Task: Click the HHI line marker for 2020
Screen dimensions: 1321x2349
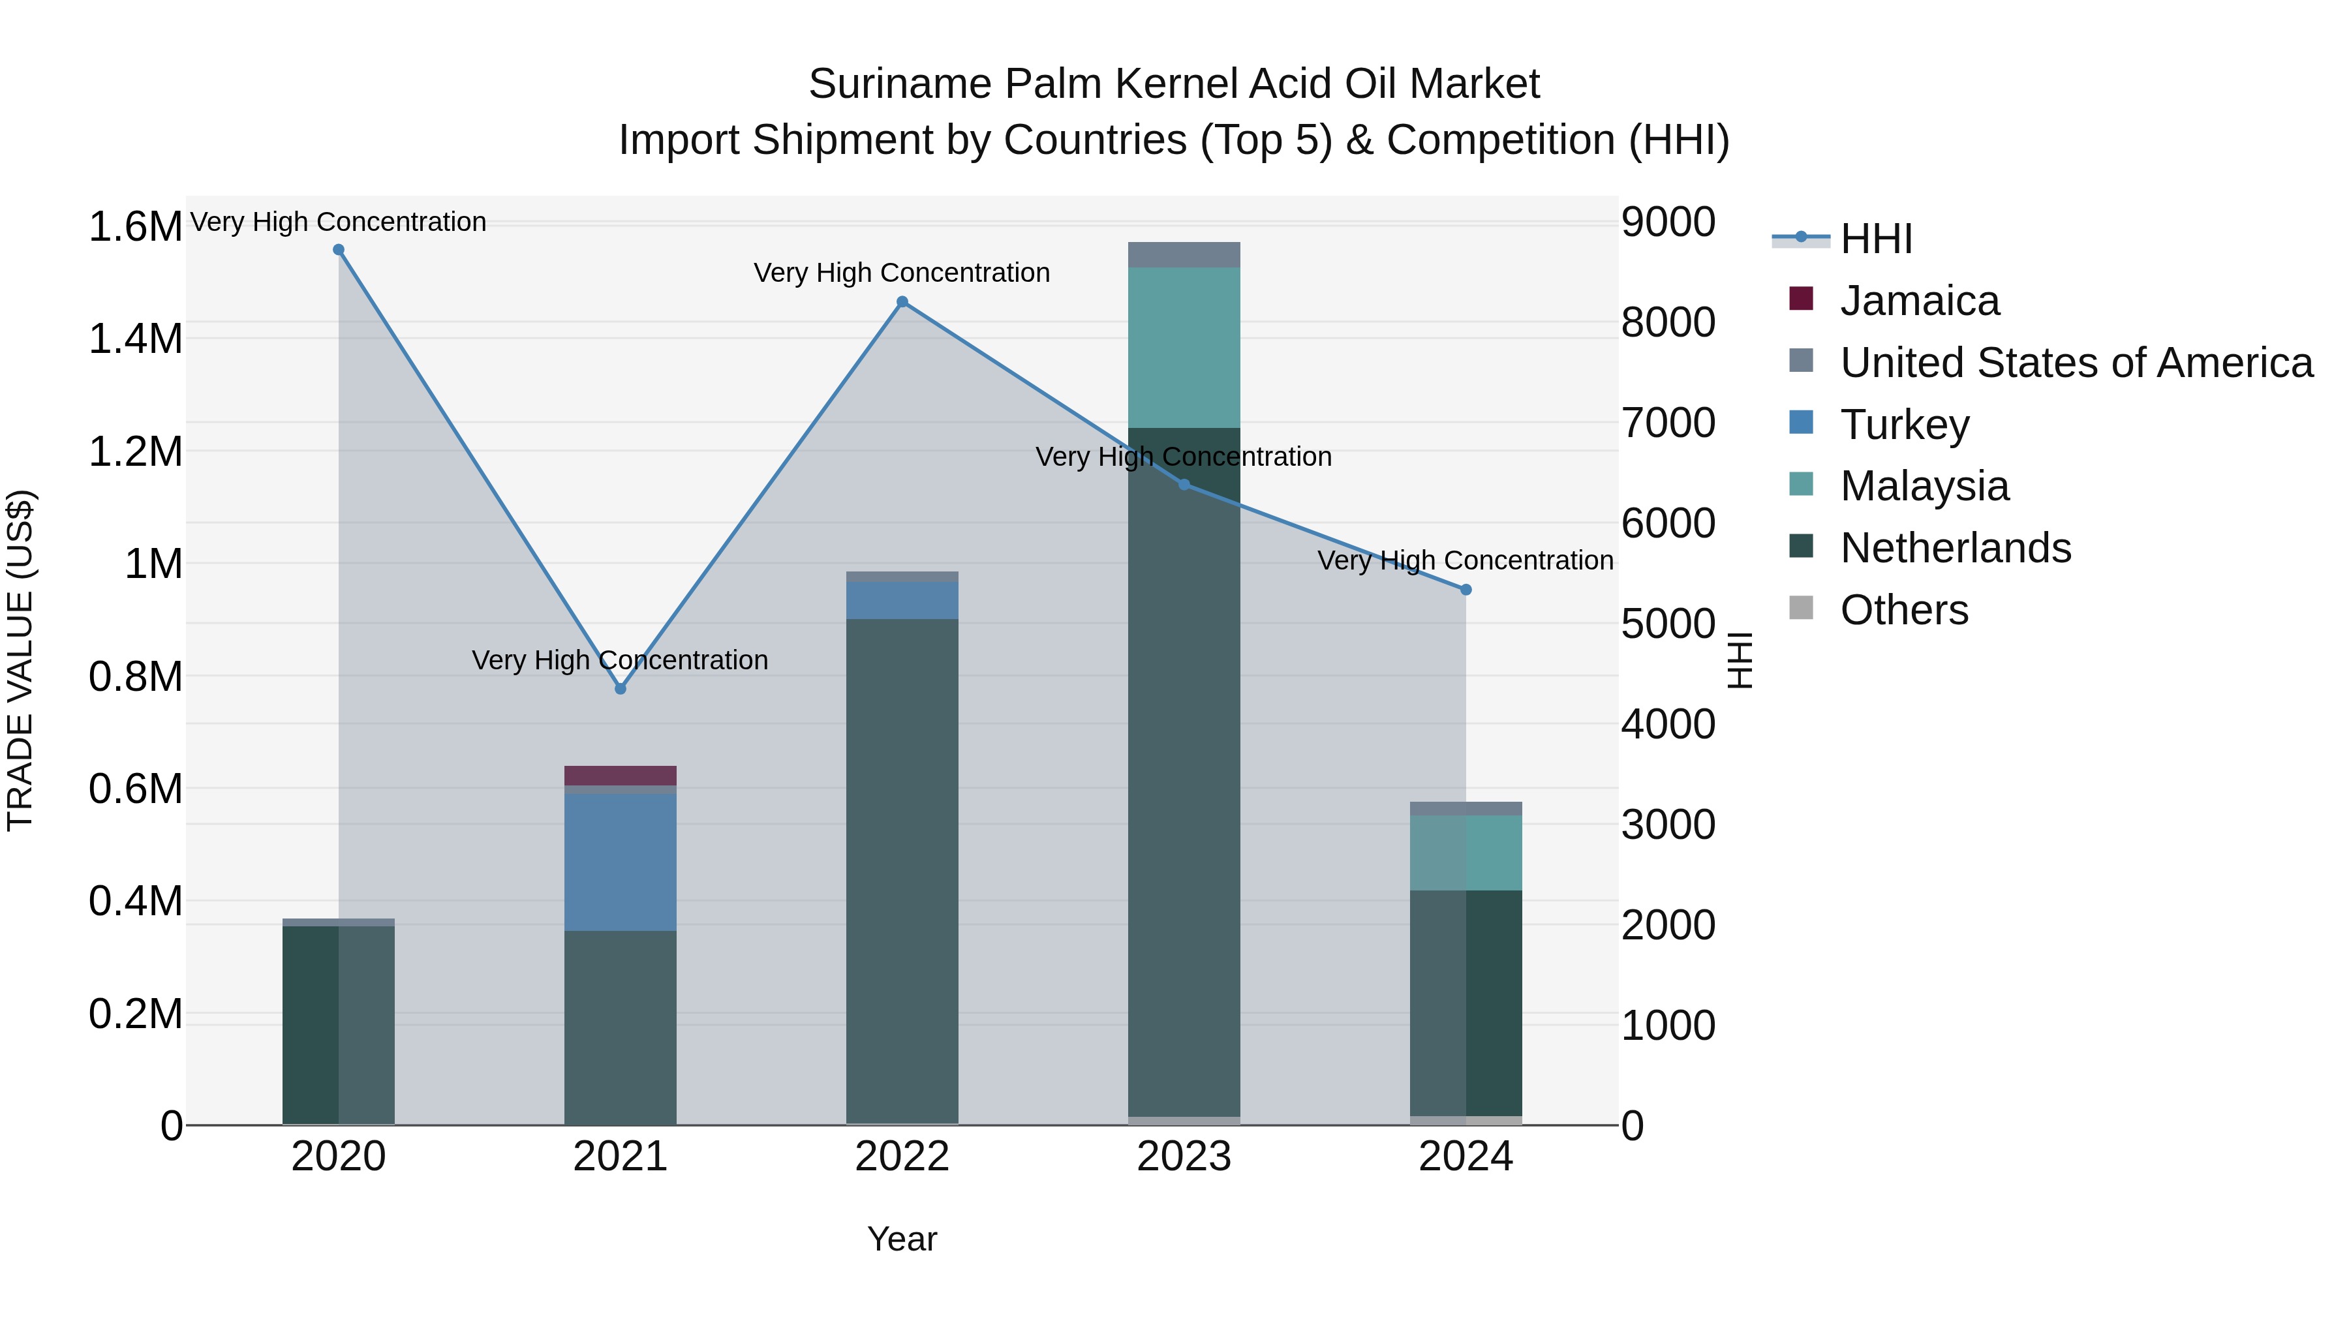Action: click(338, 250)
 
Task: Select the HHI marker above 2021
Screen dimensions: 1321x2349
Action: click(620, 690)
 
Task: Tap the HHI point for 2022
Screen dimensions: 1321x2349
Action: click(902, 302)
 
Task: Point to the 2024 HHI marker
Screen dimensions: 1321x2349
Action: click(1466, 590)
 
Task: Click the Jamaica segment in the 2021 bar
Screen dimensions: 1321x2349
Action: click(620, 776)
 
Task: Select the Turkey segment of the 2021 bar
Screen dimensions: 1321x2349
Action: click(620, 862)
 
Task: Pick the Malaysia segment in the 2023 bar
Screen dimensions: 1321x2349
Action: click(1184, 347)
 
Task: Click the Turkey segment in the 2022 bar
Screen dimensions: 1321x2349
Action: click(902, 601)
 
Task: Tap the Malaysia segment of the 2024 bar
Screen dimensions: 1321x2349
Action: click(1466, 853)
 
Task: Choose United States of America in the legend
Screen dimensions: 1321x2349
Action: click(2076, 363)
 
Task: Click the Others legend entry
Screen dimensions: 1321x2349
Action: click(1903, 610)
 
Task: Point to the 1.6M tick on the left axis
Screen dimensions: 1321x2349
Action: click(135, 227)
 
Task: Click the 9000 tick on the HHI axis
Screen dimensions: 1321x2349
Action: click(1668, 222)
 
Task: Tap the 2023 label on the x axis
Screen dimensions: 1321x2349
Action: click(1184, 1157)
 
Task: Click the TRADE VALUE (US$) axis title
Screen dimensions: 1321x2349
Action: click(20, 660)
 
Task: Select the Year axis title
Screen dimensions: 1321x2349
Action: click(902, 1239)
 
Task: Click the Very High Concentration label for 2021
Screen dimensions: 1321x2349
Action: click(620, 660)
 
